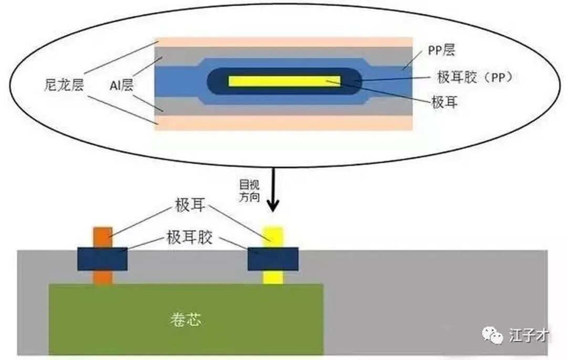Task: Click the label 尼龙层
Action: (x=64, y=85)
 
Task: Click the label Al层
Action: (x=121, y=86)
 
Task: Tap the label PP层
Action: (x=442, y=50)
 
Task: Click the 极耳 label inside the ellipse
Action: (x=445, y=102)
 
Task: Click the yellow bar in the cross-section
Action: (x=284, y=81)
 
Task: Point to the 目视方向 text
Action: (x=249, y=191)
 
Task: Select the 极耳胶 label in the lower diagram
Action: (x=190, y=238)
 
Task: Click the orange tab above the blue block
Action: (x=103, y=237)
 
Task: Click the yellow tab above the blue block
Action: (x=272, y=237)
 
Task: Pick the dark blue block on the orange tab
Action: (x=102, y=259)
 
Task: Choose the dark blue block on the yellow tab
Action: (x=273, y=259)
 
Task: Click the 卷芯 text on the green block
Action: (x=185, y=320)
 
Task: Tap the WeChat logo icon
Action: (x=492, y=335)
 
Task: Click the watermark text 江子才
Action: (x=529, y=335)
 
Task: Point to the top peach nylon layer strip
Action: (x=284, y=42)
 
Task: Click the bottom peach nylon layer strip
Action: (x=284, y=122)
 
